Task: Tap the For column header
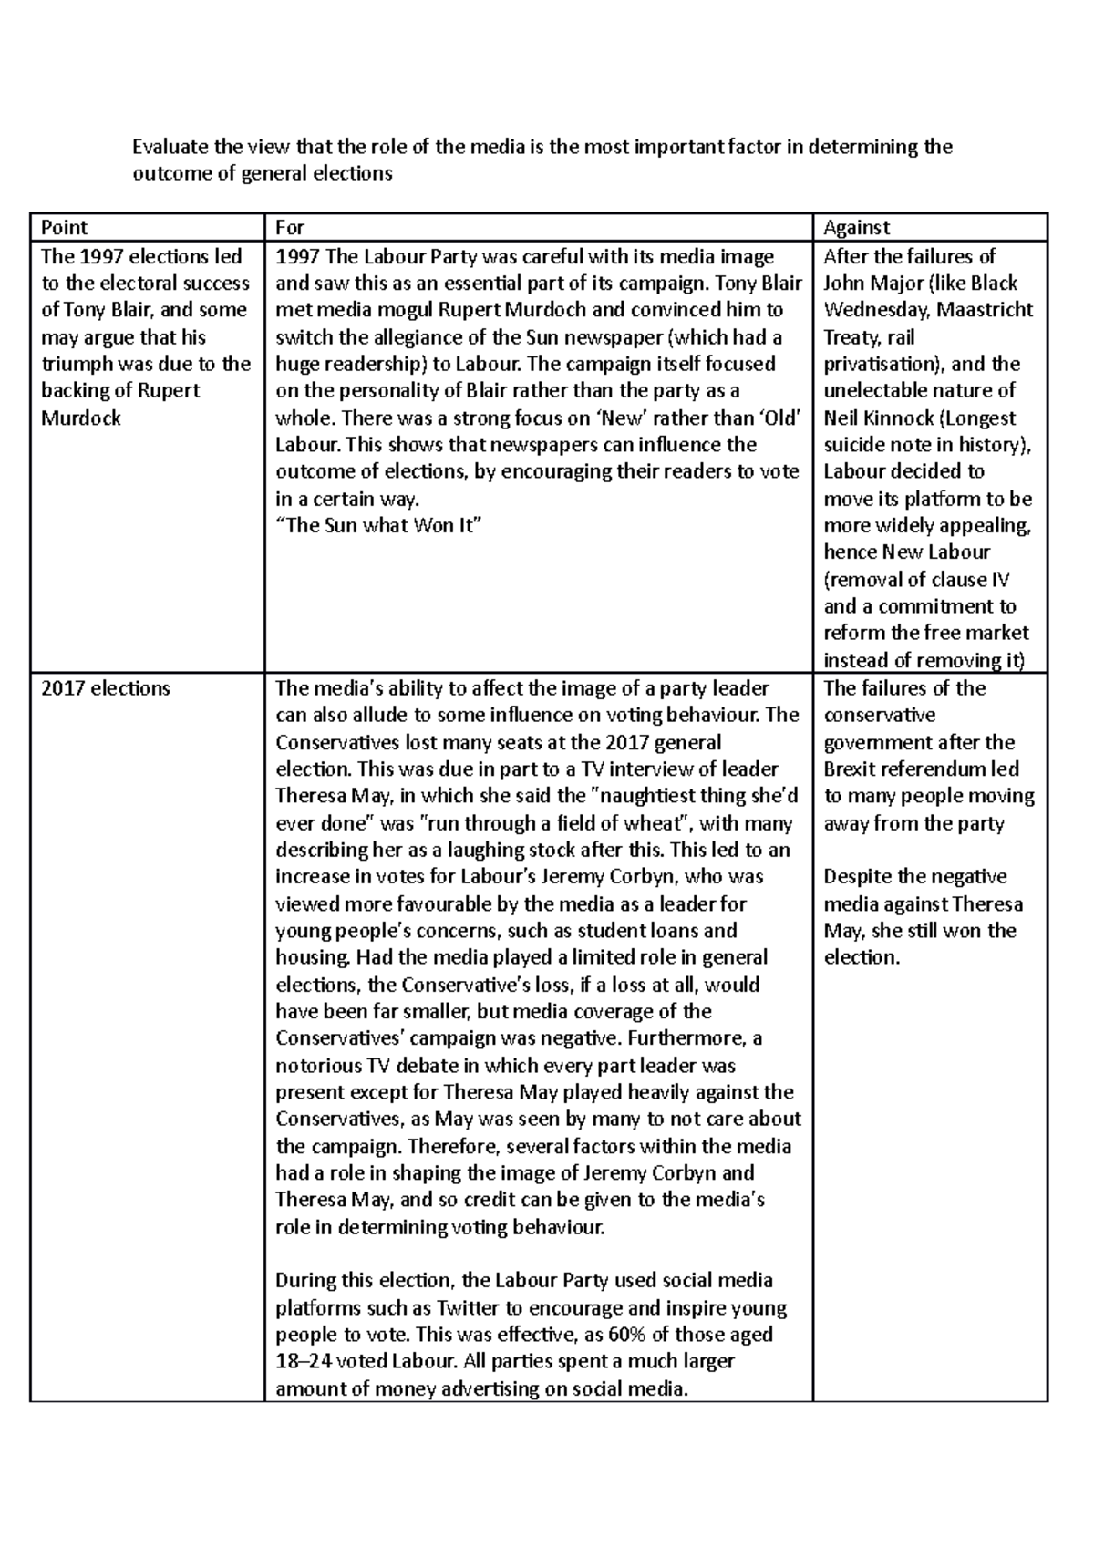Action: (x=289, y=227)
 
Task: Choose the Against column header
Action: (x=856, y=227)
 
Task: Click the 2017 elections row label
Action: (x=106, y=688)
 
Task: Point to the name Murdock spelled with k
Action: (x=81, y=418)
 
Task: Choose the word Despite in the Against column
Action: (x=858, y=877)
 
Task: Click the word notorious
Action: (x=318, y=1066)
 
